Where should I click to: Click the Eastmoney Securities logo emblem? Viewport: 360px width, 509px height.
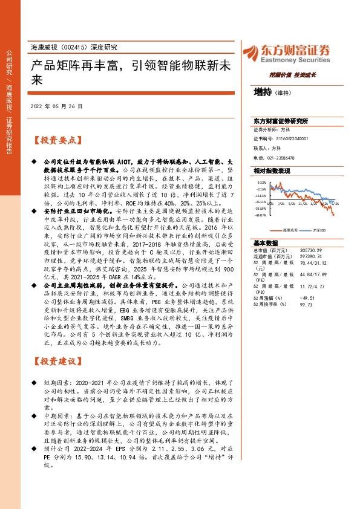pos(251,53)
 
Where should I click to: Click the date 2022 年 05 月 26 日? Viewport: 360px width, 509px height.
pos(56,106)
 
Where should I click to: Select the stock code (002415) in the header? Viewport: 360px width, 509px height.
pos(76,47)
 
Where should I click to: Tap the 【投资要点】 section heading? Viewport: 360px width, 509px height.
pos(56,140)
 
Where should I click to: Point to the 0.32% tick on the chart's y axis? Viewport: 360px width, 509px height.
pos(262,181)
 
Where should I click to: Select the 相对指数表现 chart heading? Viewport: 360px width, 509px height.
pos(272,171)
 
